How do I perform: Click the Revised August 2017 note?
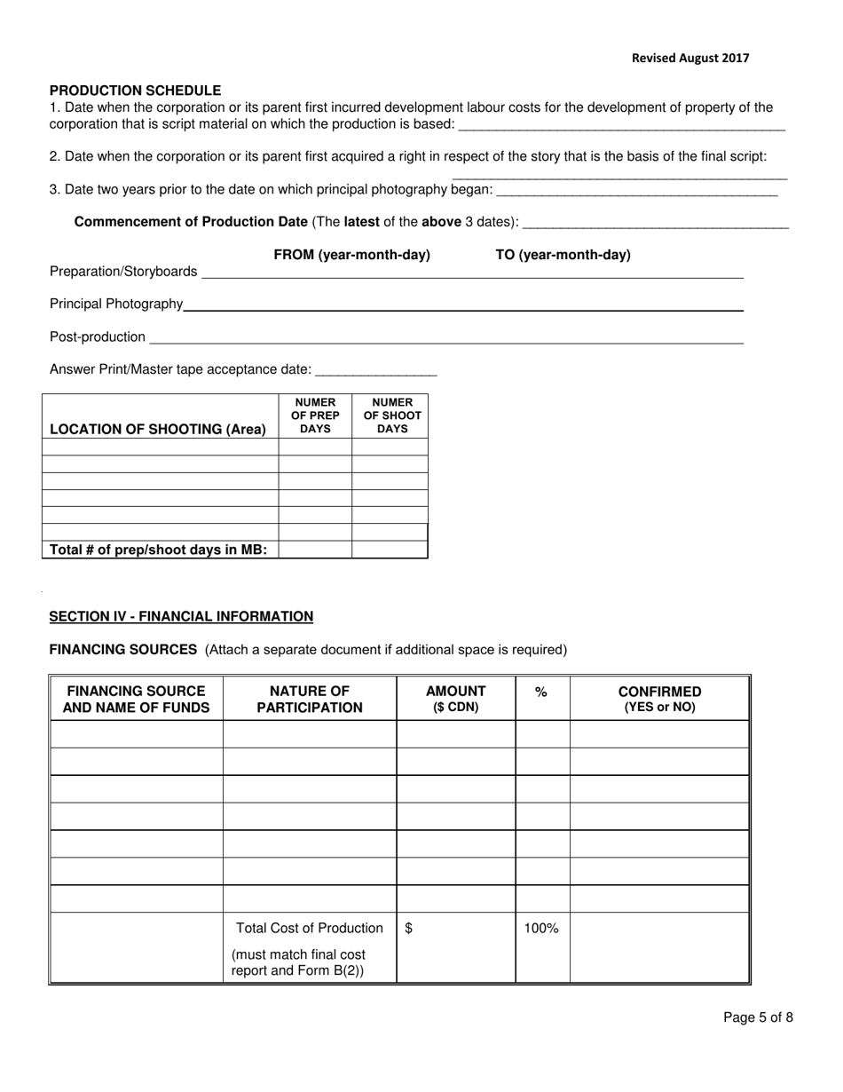[x=689, y=58]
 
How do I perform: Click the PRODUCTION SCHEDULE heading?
[x=135, y=91]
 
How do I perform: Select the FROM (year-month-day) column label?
[x=351, y=256]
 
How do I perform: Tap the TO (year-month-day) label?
[x=563, y=256]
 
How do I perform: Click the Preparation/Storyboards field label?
[x=123, y=272]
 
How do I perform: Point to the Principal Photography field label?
[x=116, y=305]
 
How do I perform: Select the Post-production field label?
[x=98, y=337]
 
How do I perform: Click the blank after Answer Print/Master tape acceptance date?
[x=375, y=370]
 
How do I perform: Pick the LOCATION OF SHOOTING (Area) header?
[x=158, y=430]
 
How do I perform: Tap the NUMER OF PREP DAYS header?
[x=315, y=415]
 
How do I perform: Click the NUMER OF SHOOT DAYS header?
[x=391, y=415]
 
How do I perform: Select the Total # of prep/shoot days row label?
[x=158, y=550]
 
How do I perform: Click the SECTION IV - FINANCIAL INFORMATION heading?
[x=181, y=617]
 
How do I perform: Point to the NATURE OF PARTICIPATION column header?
[x=310, y=700]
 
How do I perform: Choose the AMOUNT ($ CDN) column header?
[x=455, y=699]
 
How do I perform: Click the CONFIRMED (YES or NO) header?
[x=659, y=699]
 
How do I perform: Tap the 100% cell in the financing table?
[x=540, y=929]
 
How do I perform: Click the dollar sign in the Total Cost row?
[x=408, y=929]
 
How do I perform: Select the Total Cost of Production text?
[x=310, y=929]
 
